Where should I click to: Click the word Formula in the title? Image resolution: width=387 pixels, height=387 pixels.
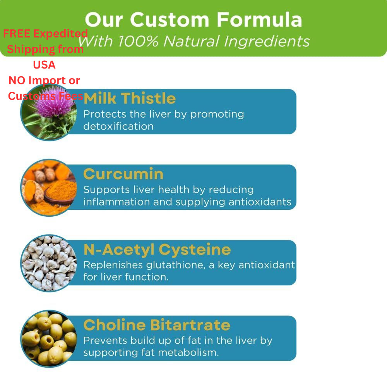coord(259,20)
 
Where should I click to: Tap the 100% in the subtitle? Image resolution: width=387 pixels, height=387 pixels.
coord(138,41)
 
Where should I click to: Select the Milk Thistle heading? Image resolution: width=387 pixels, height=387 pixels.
coord(130,98)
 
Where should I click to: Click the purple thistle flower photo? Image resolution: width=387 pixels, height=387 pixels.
coord(49,112)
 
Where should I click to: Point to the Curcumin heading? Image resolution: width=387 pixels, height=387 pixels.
coord(123,174)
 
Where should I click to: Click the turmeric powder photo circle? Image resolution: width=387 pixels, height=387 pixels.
coord(49,188)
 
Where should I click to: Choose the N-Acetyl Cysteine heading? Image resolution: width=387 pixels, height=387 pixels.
coord(157,250)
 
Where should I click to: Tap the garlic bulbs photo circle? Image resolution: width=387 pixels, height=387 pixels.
coord(49,263)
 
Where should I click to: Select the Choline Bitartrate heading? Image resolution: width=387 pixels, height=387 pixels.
coord(157,325)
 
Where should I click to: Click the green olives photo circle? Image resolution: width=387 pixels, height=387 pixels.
coord(49,339)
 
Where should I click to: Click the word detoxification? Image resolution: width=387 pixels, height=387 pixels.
coord(118,127)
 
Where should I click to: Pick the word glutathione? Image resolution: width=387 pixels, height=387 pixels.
coord(176,265)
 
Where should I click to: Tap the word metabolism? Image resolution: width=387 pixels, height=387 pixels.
coord(188,352)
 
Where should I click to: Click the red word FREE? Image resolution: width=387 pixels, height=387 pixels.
coord(17,34)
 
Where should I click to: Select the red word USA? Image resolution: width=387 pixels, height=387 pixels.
coord(44,65)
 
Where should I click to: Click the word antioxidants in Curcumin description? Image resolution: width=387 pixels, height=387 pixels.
coord(260,202)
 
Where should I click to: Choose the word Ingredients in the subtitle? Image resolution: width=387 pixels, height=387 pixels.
coord(267,41)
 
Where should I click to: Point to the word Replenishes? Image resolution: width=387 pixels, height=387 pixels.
coord(113,265)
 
